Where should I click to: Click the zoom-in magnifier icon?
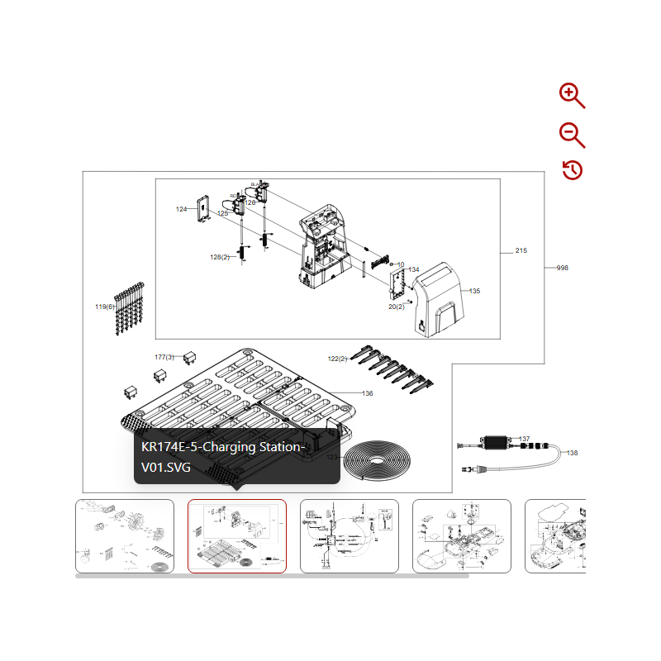click(571, 95)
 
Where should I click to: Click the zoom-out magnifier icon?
click(571, 134)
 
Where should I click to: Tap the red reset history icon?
click(573, 170)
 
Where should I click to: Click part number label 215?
click(521, 250)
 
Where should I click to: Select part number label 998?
click(563, 268)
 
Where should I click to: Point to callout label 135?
click(474, 291)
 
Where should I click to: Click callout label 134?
click(414, 270)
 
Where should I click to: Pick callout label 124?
click(181, 209)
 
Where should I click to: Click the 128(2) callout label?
click(219, 257)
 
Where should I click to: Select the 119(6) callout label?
click(104, 307)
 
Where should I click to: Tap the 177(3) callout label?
click(164, 357)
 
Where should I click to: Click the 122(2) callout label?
click(337, 359)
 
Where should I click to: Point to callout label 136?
click(368, 393)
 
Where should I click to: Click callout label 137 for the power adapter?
click(525, 439)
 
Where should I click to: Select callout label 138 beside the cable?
click(573, 453)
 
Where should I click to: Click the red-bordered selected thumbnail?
click(237, 535)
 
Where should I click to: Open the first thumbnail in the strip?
click(125, 535)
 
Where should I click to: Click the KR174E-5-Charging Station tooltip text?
click(223, 457)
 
